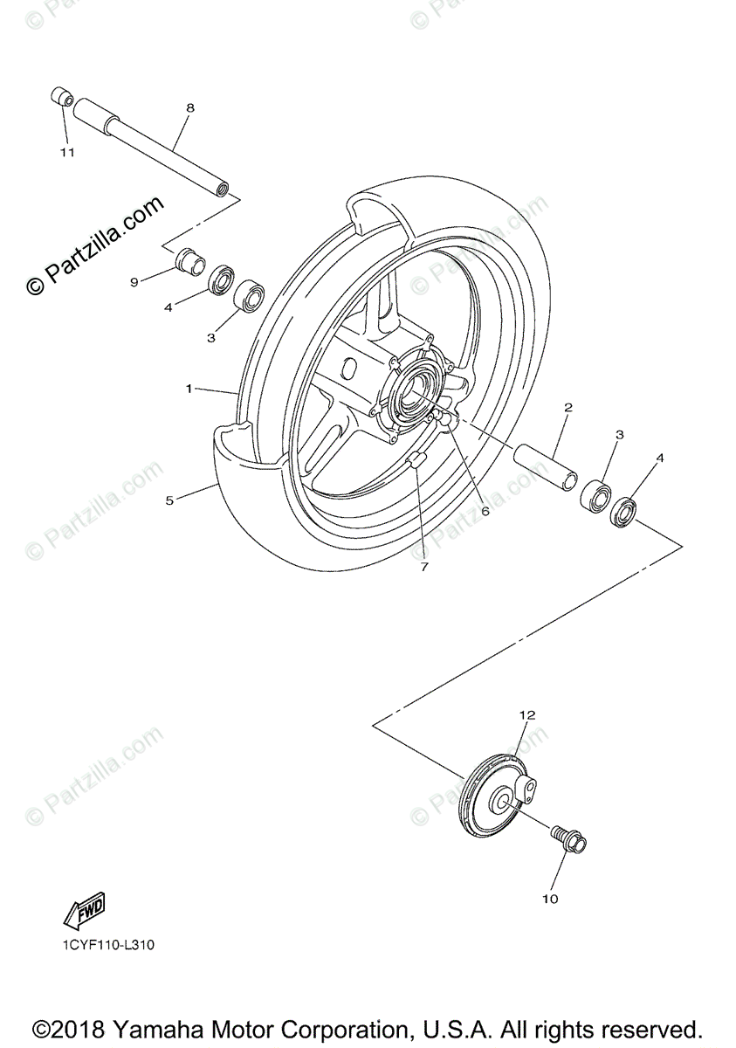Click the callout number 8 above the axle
[x=190, y=108]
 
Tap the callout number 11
[x=67, y=152]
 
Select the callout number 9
[x=134, y=281]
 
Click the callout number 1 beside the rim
[x=189, y=388]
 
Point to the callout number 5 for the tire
[x=169, y=500]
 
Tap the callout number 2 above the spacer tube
[x=567, y=407]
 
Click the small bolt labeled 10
[x=568, y=839]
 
